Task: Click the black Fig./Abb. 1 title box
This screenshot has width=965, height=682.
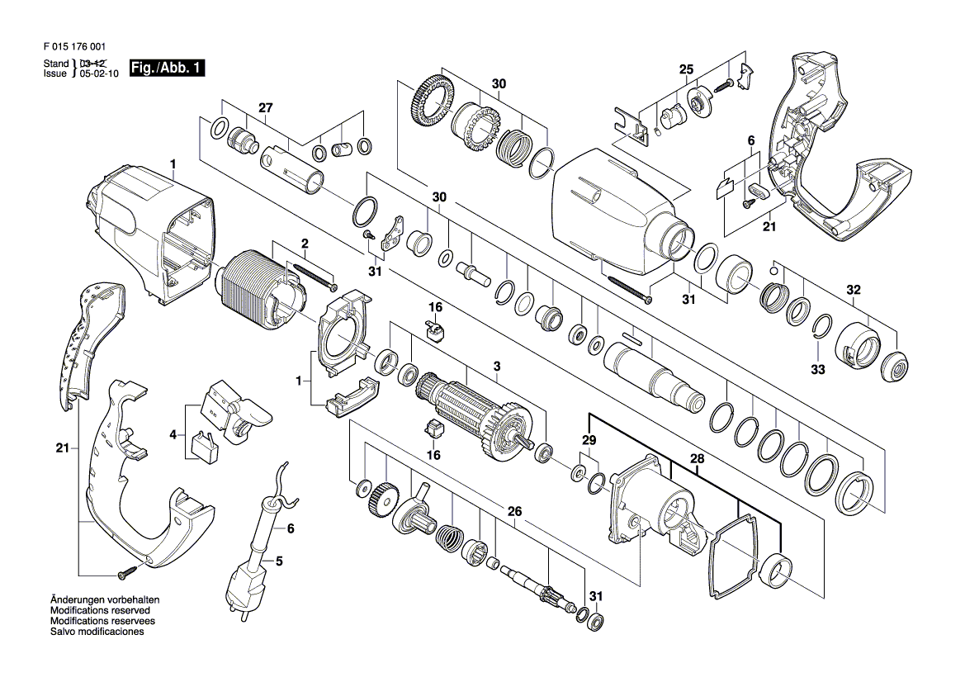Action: [x=167, y=68]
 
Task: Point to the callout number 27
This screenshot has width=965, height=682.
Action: [x=265, y=108]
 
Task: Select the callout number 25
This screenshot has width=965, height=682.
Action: [x=686, y=69]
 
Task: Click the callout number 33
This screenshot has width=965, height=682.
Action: [x=817, y=369]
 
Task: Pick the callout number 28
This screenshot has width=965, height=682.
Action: [x=697, y=459]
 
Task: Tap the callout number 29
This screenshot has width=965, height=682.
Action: [x=589, y=440]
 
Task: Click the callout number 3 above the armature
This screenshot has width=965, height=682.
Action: [x=497, y=367]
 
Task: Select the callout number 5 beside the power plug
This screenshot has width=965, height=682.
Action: [x=279, y=561]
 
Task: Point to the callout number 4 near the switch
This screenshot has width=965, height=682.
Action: [x=173, y=435]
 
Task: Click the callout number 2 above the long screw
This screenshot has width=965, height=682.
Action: [x=304, y=244]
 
